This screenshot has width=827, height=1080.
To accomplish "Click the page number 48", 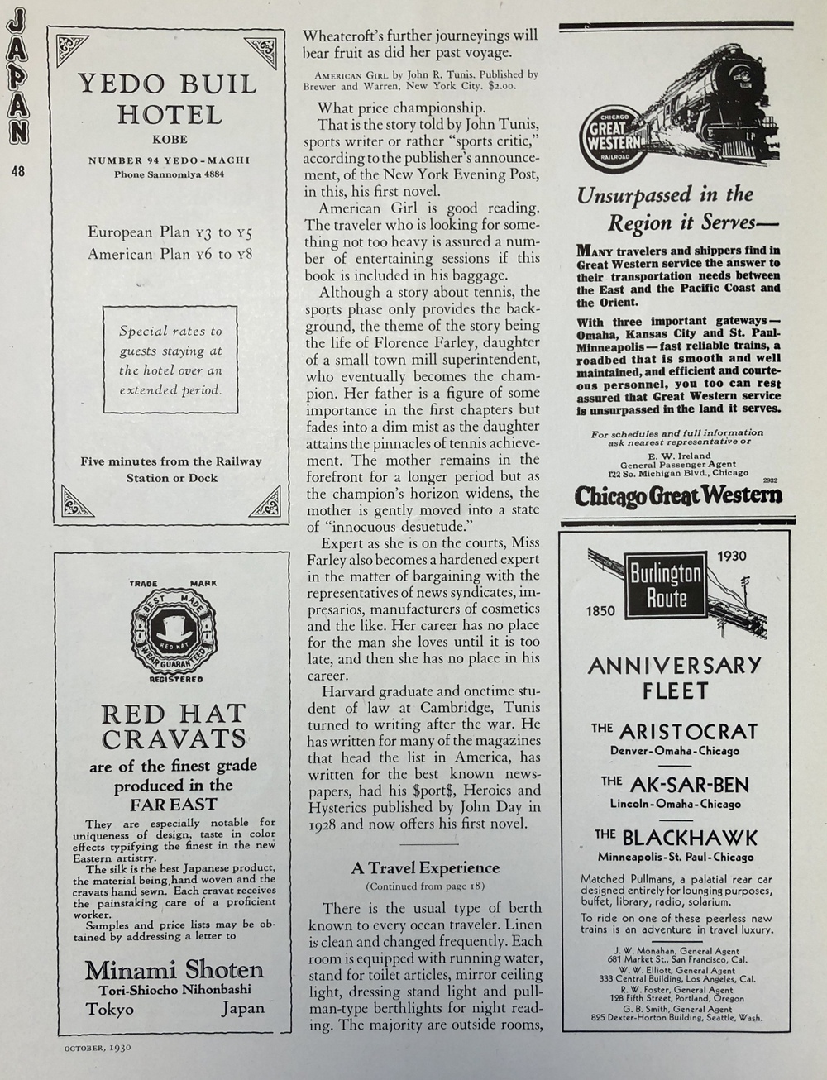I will point(18,171).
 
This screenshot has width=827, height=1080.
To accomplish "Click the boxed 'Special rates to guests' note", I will point(170,360).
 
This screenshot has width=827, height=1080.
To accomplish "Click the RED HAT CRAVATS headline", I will point(173,725).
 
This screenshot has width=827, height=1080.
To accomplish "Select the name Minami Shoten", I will point(174,969).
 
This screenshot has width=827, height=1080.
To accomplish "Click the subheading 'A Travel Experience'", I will point(425,867).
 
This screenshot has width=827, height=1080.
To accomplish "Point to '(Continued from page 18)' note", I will point(425,886).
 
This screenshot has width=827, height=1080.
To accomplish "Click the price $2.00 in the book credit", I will point(501,85).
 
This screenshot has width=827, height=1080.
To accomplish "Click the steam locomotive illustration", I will point(719,104).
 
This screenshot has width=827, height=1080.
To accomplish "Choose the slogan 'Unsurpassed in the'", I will point(665,195).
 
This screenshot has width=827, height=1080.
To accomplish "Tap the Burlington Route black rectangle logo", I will point(666,585).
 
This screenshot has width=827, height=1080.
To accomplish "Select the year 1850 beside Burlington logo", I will point(601,611).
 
